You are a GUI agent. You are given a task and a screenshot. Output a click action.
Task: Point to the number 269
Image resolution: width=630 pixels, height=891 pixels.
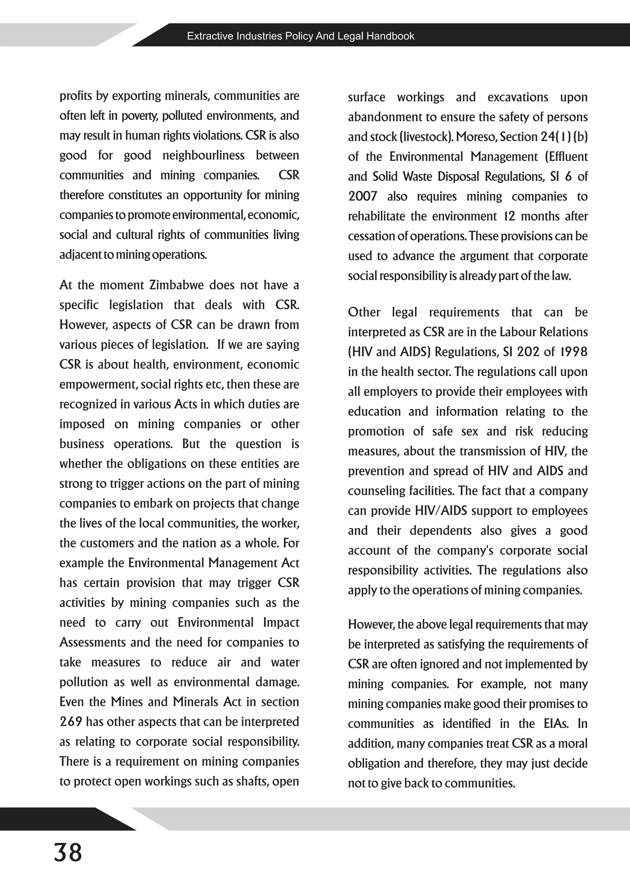pos(71,721)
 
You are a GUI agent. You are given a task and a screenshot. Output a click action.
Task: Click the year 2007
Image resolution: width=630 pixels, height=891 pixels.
pos(362,196)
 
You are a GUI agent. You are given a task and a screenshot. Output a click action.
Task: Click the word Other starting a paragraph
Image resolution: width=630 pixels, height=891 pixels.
pos(364,312)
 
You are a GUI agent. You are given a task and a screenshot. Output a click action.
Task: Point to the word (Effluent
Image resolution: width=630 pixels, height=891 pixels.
pos(566,157)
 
